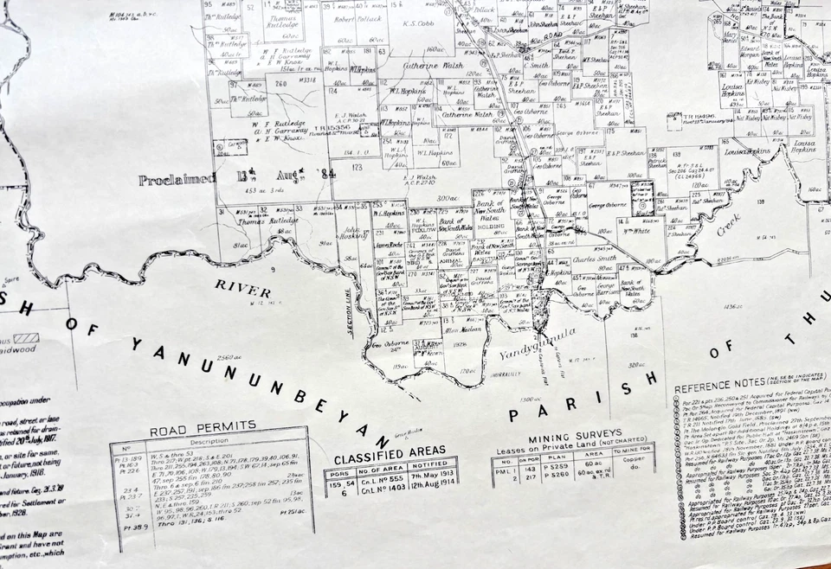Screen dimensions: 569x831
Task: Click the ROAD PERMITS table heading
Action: [204, 425]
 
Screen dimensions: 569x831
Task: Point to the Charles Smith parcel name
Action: [595, 258]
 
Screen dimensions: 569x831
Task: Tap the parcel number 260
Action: [280, 84]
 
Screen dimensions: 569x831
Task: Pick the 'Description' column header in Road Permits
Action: [210, 440]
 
